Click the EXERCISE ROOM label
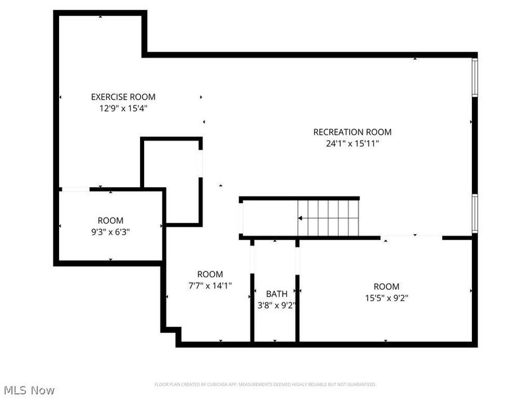click(123, 97)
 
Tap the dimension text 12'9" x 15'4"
click(123, 107)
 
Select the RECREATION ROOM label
click(352, 132)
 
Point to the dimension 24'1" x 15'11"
click(352, 143)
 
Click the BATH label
click(277, 294)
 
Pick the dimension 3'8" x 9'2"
click(277, 306)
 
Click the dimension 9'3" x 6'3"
click(111, 232)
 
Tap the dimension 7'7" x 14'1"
click(210, 285)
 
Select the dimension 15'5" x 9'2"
click(386, 298)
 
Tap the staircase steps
click(332, 218)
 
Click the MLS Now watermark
click(29, 390)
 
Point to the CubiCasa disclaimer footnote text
click(265, 384)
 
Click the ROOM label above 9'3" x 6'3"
click(111, 221)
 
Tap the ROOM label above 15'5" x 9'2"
click(386, 287)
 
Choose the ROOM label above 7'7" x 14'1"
click(210, 274)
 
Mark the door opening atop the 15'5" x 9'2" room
click(412, 237)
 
